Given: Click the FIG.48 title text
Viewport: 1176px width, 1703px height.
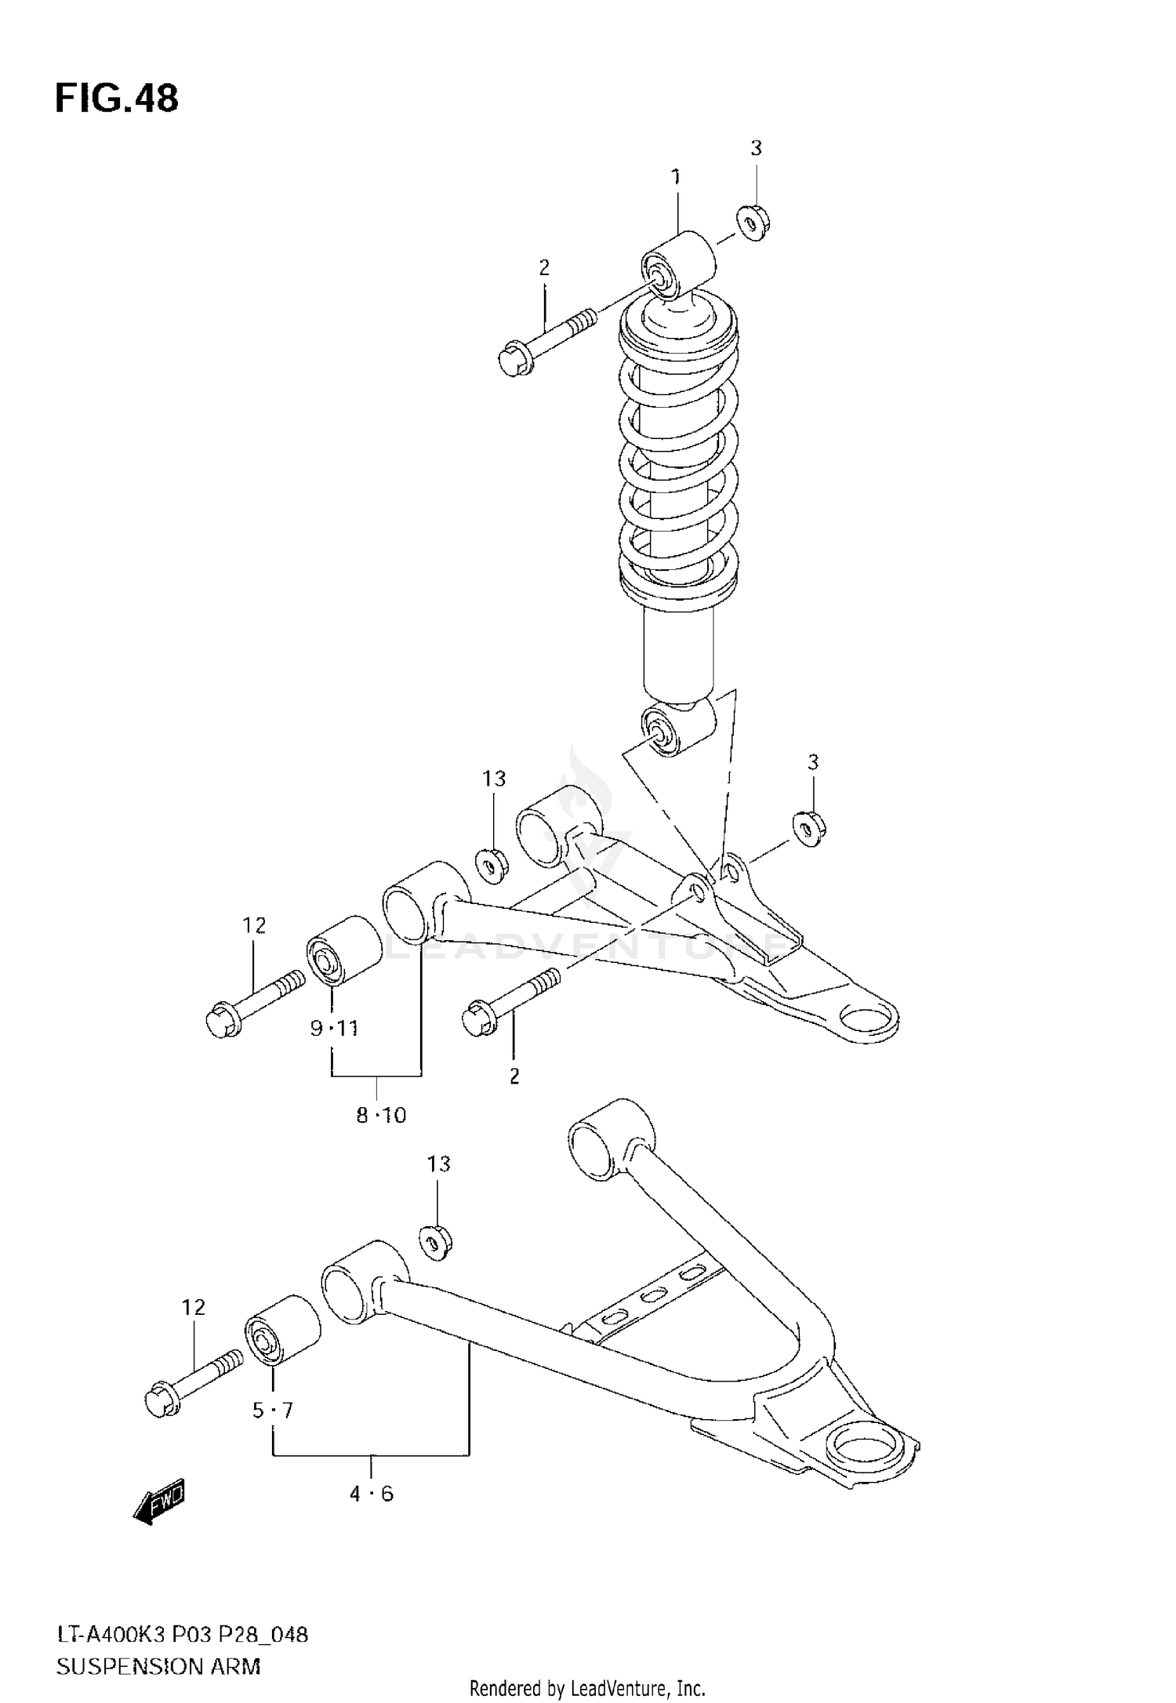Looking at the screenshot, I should pos(116,99).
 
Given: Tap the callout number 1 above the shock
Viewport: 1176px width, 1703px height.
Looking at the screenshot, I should pos(676,177).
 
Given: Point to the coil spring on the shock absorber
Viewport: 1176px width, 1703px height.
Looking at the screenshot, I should pos(679,455).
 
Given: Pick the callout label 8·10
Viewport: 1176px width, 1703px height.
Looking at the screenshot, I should pos(381,1115).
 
